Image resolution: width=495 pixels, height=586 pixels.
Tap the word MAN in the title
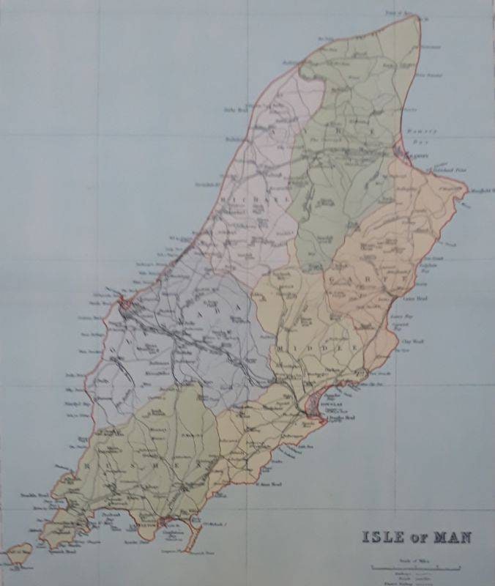click(x=450, y=536)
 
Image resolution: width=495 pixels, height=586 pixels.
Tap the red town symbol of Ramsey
click(x=402, y=154)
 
